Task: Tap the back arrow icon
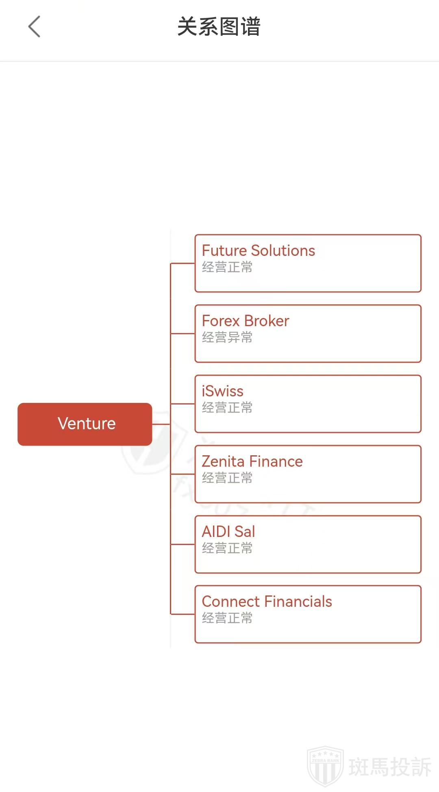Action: [35, 27]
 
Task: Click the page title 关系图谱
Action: [219, 27]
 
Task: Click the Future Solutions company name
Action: [258, 251]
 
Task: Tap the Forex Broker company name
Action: [245, 321]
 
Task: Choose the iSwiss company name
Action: [222, 391]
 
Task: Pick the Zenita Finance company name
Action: [252, 461]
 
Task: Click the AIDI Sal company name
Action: [228, 532]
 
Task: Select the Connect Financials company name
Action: [267, 602]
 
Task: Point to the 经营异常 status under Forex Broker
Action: [227, 338]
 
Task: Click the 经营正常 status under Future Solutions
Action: [227, 267]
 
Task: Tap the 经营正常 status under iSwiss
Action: [227, 408]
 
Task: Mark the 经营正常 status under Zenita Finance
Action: [227, 478]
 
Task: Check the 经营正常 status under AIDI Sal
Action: [227, 548]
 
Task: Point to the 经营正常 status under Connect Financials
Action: [227, 618]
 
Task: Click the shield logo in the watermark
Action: [325, 766]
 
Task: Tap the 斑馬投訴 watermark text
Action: [390, 767]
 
